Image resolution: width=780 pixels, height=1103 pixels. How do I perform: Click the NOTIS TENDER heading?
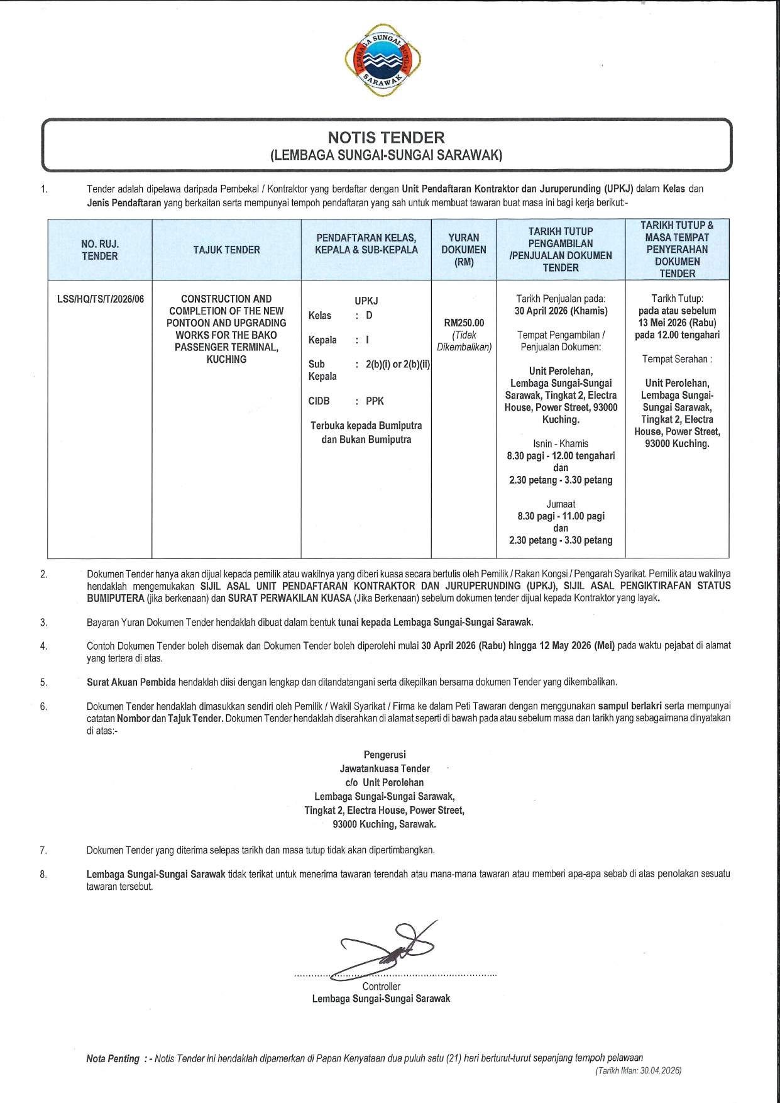point(386,137)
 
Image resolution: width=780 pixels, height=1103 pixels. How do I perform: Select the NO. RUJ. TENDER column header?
point(99,250)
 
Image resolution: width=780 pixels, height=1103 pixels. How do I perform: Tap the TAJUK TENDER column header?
point(226,250)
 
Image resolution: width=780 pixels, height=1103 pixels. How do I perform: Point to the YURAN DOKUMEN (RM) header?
point(464,250)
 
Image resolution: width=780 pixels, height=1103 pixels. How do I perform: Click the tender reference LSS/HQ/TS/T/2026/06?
point(101,299)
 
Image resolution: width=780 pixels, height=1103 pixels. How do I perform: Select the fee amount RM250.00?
point(464,323)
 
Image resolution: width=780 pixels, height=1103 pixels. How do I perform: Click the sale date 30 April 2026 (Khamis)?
point(561,311)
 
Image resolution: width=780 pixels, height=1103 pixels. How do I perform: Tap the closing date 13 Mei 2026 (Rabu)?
point(677,323)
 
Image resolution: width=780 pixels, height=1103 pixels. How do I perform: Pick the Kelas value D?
point(369,316)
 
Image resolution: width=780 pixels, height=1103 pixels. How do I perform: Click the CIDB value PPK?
point(375,401)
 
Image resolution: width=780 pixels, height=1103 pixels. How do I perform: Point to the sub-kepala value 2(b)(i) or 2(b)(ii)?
point(397,365)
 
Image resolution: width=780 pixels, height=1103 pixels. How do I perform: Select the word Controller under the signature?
point(381,987)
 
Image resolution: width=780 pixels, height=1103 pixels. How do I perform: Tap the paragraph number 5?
point(43,682)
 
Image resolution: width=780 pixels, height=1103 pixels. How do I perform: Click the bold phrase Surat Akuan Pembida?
point(131,682)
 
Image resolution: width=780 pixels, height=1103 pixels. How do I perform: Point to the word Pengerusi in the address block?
point(385,755)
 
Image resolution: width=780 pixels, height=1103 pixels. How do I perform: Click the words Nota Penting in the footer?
point(113,1059)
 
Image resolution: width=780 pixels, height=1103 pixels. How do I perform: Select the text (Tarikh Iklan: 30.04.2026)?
point(638,1070)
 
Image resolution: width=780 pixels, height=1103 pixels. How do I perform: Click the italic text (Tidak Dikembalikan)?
point(464,341)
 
